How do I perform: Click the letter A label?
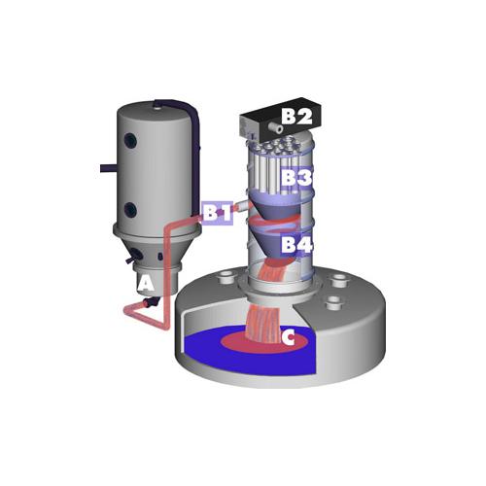146,284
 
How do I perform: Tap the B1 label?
218,213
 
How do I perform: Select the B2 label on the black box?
296,116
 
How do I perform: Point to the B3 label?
296,177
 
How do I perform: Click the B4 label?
296,244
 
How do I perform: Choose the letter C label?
288,337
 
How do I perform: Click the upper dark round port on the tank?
131,140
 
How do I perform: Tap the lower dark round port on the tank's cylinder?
130,210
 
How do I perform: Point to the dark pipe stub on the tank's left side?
108,168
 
